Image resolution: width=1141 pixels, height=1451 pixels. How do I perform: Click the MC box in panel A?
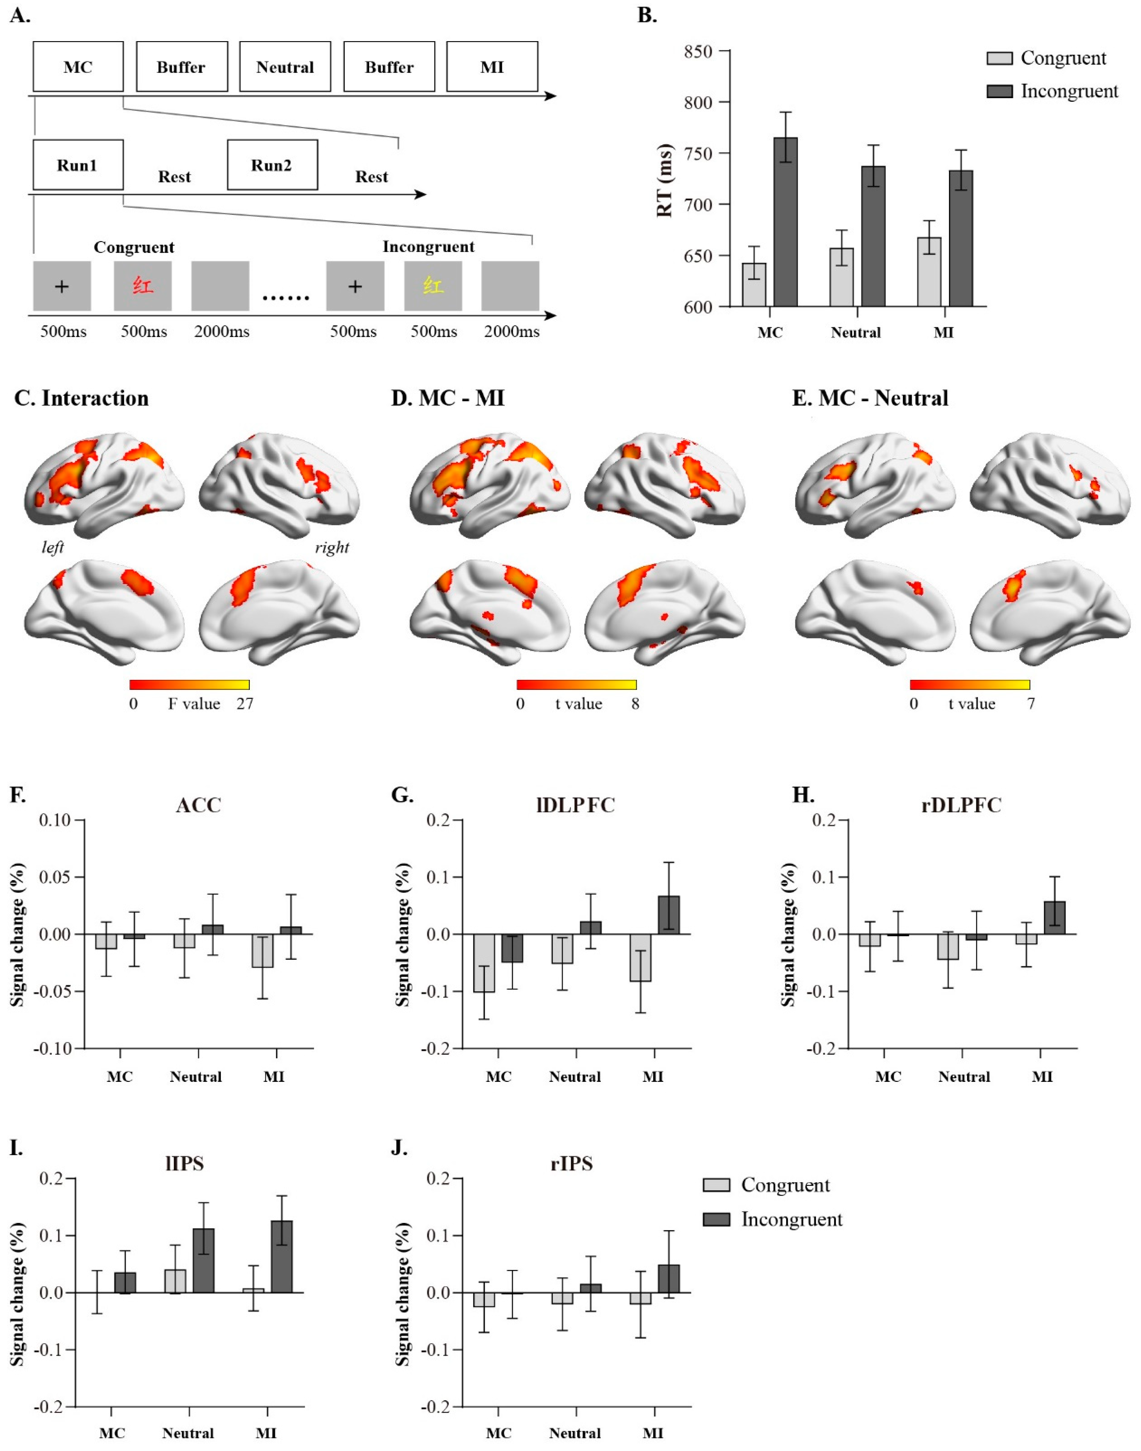tap(78, 67)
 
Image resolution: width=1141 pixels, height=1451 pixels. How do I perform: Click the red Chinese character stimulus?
tap(142, 286)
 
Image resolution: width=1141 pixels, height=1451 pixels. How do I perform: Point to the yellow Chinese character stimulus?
tap(433, 286)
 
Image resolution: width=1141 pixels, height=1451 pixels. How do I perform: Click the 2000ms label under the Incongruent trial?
tap(512, 331)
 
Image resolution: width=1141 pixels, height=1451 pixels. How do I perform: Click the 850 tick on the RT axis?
tap(698, 51)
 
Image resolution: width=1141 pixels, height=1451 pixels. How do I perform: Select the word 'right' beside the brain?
tap(332, 547)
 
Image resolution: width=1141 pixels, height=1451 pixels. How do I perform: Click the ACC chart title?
tap(198, 805)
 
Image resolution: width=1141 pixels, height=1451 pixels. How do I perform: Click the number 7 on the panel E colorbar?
tap(1031, 703)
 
